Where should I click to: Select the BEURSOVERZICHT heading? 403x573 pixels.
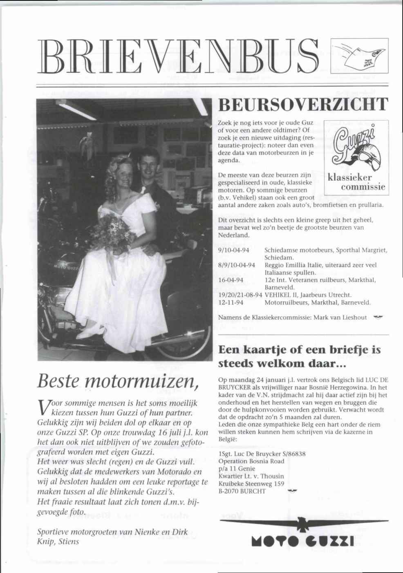pyautogui.click(x=302, y=105)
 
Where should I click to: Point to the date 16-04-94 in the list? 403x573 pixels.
pyautogui.click(x=231, y=280)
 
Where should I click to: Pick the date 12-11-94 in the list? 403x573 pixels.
pyautogui.click(x=231, y=303)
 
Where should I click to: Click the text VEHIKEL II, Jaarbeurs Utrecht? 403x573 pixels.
pyautogui.click(x=309, y=295)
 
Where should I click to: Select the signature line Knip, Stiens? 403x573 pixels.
pyautogui.click(x=58, y=542)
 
